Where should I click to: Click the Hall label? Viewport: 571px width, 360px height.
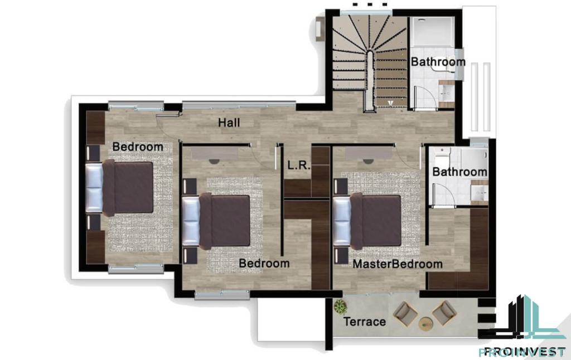[x=229, y=123]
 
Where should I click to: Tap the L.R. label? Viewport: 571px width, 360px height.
[x=299, y=166]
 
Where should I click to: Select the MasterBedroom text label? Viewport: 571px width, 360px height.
[x=398, y=264]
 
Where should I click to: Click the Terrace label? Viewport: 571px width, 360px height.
[x=365, y=322]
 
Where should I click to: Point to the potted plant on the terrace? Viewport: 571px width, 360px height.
[x=340, y=307]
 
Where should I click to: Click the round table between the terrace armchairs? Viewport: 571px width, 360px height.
[x=425, y=323]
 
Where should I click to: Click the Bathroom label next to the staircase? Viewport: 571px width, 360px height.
[x=438, y=62]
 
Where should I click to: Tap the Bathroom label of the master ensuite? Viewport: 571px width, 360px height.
[x=459, y=172]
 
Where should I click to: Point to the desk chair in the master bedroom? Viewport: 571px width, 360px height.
[x=368, y=161]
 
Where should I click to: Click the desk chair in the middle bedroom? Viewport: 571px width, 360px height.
[x=214, y=161]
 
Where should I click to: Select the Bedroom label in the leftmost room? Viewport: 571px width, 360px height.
[x=138, y=147]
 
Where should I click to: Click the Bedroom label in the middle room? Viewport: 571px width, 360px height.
[x=264, y=263]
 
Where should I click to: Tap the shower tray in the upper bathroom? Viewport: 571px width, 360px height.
[x=433, y=32]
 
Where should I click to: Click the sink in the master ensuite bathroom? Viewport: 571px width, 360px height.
[x=479, y=193]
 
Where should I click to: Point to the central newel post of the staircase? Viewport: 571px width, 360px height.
[x=370, y=81]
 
